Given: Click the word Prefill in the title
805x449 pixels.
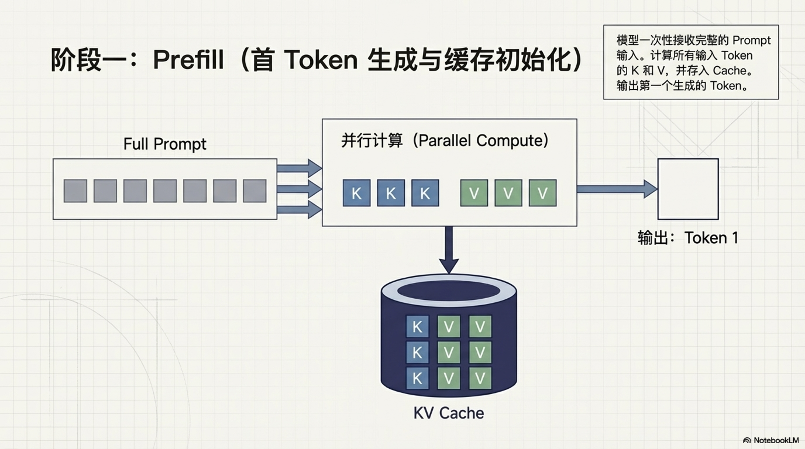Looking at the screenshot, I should tap(188, 59).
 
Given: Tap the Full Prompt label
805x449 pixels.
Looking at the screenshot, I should tap(164, 144).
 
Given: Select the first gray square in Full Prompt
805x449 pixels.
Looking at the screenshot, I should tap(75, 191).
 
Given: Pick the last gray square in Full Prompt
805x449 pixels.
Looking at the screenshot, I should tap(254, 191).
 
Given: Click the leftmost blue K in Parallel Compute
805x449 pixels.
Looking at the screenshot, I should tap(356, 193).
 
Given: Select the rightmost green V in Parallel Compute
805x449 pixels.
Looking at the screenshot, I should tap(542, 193).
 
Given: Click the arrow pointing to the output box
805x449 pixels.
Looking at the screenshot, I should tap(616, 189).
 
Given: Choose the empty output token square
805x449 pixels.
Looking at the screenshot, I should tap(688, 189).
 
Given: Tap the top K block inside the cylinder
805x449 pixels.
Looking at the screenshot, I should tap(417, 327).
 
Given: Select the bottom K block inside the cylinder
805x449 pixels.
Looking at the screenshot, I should tap(417, 378).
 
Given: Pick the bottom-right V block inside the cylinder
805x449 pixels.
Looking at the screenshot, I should tap(480, 378).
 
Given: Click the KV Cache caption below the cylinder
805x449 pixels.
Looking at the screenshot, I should tap(448, 413).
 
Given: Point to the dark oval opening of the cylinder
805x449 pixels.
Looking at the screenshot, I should tap(448, 291).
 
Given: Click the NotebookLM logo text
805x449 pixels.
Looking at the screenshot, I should tap(775, 440).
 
